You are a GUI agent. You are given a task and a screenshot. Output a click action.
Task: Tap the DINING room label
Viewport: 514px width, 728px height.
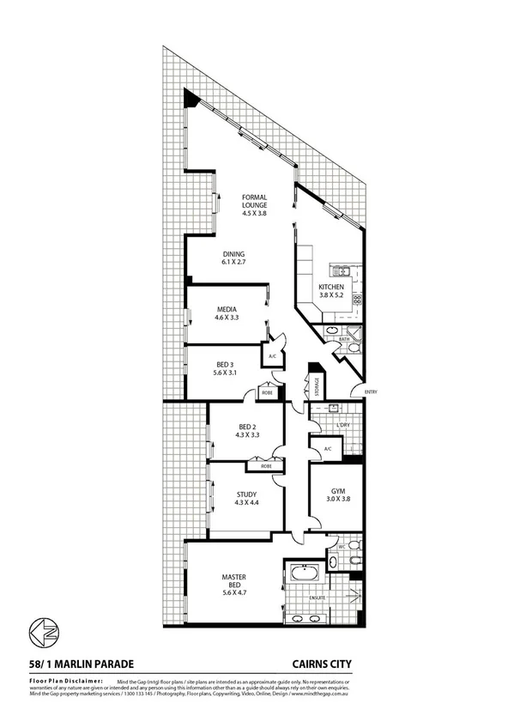pos(234,254)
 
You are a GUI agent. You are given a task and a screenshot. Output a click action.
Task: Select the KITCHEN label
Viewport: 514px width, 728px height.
pos(331,287)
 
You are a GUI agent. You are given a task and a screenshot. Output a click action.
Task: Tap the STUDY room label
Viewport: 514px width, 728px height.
pos(247,494)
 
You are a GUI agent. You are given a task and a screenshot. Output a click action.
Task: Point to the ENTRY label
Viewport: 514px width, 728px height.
pos(371,392)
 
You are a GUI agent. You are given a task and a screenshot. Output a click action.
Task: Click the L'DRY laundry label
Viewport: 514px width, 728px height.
pos(343,425)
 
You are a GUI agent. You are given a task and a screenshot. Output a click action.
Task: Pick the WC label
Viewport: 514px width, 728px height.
pos(340,545)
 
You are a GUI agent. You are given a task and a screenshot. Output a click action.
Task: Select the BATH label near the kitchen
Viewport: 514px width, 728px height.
pos(344,339)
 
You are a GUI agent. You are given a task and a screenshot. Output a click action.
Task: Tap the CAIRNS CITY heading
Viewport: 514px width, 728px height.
pos(323,663)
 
